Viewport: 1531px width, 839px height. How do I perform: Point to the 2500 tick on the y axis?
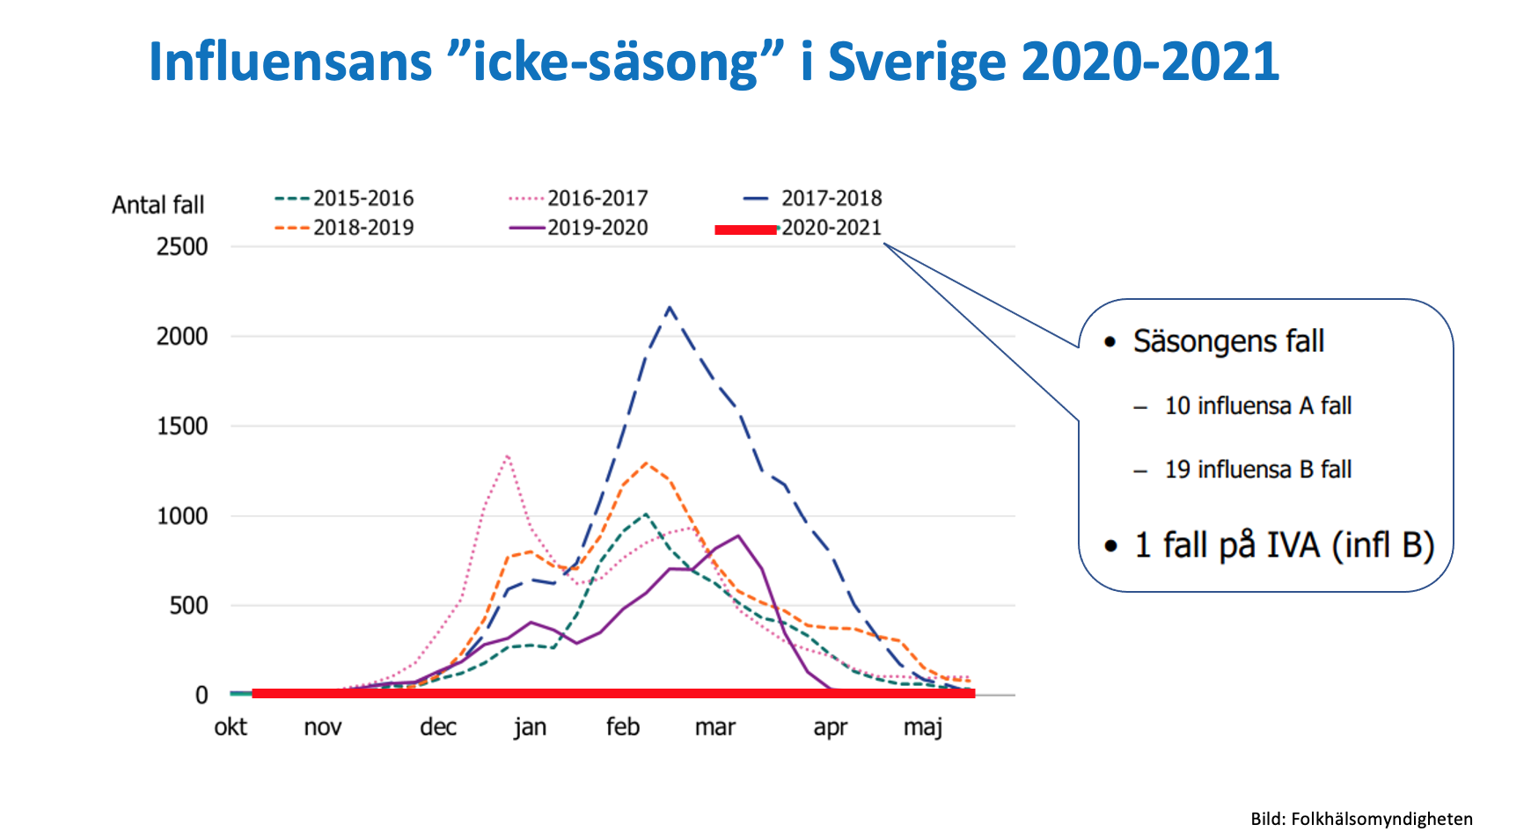[x=182, y=247]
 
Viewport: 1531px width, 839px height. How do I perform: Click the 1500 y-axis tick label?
[x=182, y=427]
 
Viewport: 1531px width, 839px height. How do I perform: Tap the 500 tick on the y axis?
[x=188, y=606]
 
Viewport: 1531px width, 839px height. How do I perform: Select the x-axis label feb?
[x=622, y=727]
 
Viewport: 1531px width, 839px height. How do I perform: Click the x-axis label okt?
[x=231, y=727]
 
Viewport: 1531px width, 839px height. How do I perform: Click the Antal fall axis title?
[x=157, y=206]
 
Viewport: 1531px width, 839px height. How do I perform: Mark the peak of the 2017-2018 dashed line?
[x=670, y=307]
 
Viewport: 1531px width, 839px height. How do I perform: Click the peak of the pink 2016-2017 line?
[x=508, y=456]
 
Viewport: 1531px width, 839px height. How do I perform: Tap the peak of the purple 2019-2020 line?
[x=737, y=536]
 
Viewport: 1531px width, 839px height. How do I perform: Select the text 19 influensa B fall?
[x=1257, y=470]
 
